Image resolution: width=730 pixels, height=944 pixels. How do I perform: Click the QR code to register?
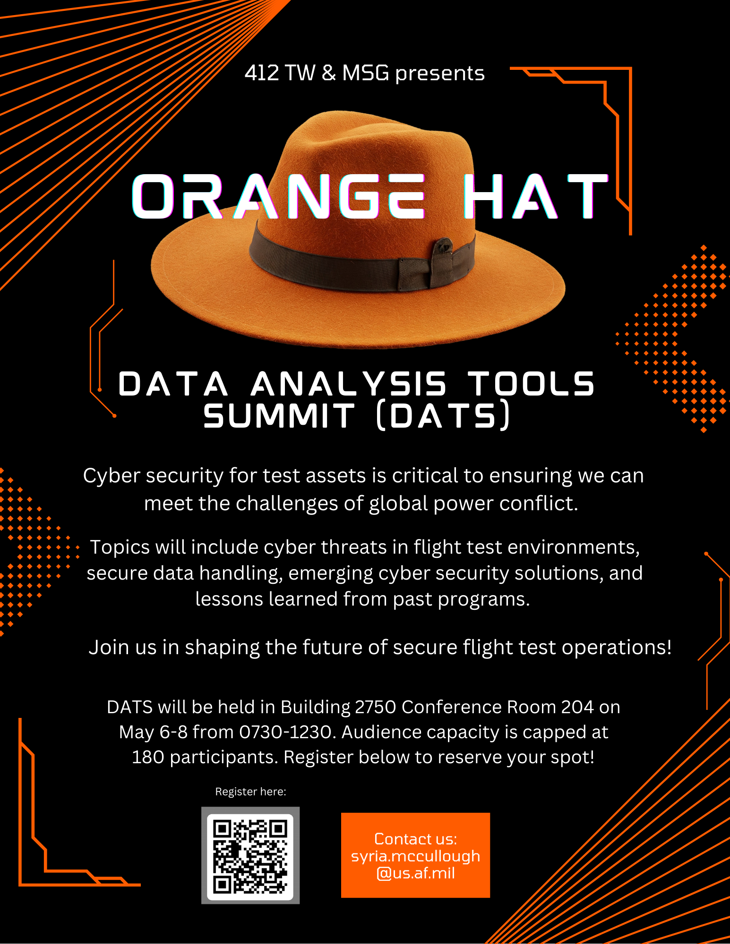tap(250, 855)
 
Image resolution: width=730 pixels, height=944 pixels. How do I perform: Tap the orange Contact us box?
tap(415, 855)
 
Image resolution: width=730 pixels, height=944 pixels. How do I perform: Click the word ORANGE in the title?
tap(279, 196)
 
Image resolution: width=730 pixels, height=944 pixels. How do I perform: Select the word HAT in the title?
tap(535, 196)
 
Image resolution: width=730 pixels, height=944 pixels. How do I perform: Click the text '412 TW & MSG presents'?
tap(365, 73)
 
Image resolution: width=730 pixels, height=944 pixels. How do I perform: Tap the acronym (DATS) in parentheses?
tap(443, 415)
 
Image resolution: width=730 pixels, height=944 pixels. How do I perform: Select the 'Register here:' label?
tap(250, 792)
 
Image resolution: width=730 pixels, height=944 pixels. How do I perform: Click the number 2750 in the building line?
tap(375, 707)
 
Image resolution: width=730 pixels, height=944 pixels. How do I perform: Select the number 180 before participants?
tap(148, 757)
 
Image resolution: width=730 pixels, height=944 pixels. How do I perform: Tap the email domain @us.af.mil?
tap(416, 873)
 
